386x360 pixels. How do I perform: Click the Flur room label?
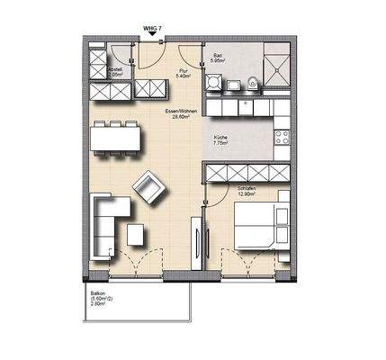(x=183, y=72)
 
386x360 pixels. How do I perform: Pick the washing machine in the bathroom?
(x=214, y=84)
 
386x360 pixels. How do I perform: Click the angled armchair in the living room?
(x=148, y=189)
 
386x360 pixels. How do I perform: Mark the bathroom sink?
(x=231, y=84)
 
